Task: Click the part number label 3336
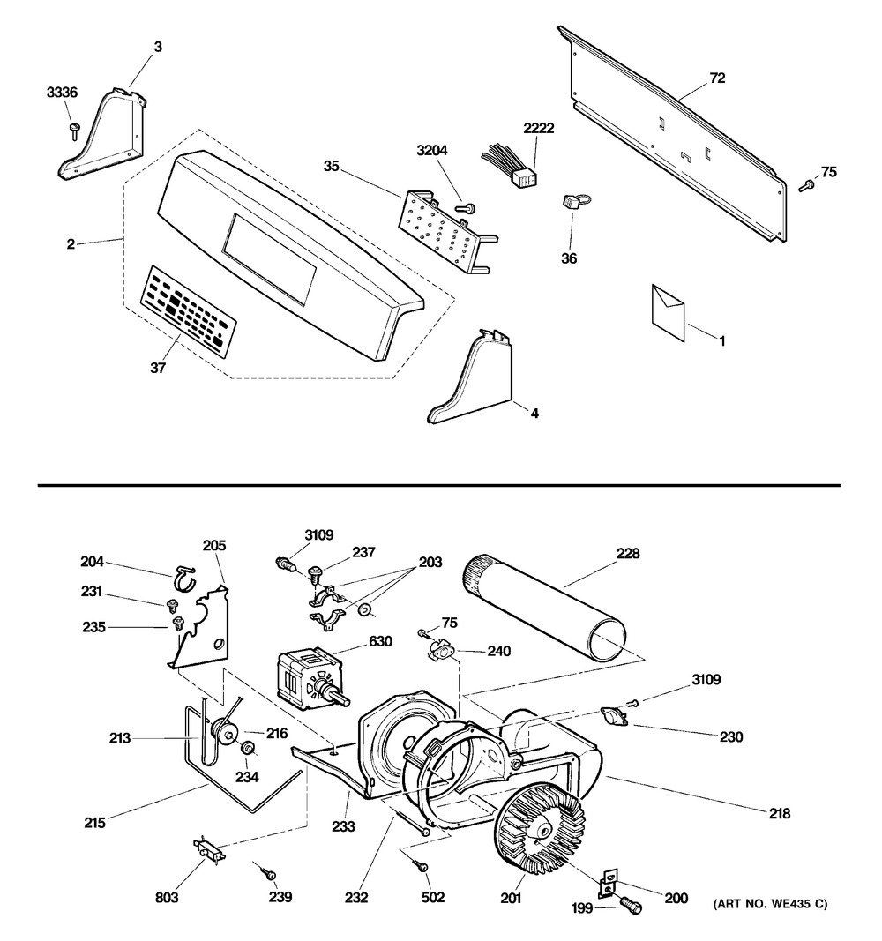click(63, 93)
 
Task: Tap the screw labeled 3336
click(75, 131)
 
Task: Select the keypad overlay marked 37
click(189, 312)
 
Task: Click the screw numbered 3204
click(466, 207)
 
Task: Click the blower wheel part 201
click(539, 828)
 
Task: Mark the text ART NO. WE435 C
click(770, 904)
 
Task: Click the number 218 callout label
click(780, 813)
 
